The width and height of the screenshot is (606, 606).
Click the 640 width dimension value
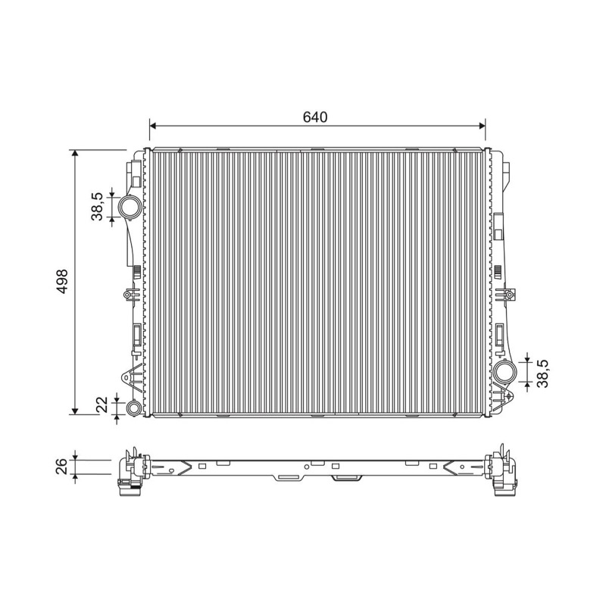tap(315, 117)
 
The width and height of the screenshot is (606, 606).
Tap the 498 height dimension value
tap(62, 281)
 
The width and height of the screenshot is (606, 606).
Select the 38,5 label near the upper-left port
tap(97, 207)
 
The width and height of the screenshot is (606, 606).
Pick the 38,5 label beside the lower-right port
tap(542, 373)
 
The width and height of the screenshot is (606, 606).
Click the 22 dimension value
tap(102, 405)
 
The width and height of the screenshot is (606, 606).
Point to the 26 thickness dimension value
tap(62, 467)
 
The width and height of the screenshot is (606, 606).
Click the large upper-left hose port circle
tap(130, 208)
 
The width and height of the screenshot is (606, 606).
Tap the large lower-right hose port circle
tap(505, 373)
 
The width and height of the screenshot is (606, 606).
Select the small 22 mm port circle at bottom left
tap(134, 408)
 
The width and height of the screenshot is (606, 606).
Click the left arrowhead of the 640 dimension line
tap(152, 125)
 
